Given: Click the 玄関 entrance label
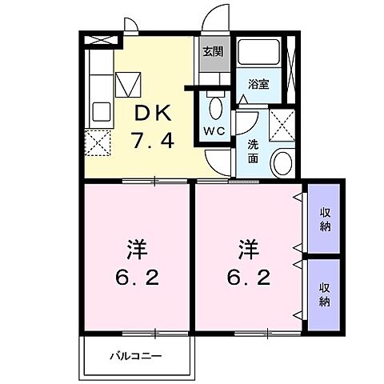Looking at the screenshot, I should tap(211, 53).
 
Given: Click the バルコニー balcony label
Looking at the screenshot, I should tap(135, 355).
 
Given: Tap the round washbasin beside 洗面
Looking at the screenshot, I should tap(282, 163).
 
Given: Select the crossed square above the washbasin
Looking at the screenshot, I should tap(281, 125).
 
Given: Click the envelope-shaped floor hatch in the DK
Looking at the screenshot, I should tap(128, 82).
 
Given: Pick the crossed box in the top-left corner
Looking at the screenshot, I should tap(97, 38).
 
